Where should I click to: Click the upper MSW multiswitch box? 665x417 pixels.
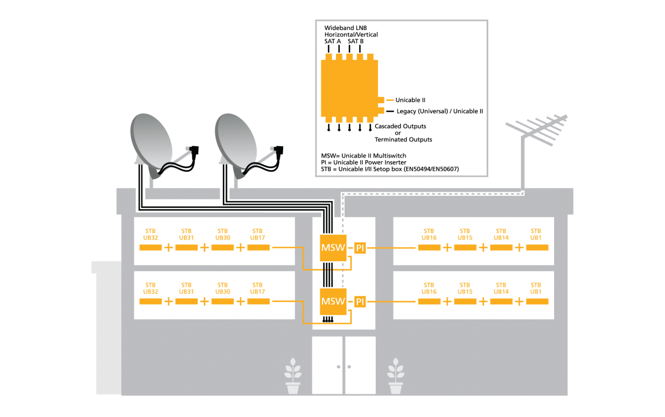[333, 248]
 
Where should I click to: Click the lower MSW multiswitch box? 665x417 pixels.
[333, 302]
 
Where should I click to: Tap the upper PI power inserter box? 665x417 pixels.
[360, 248]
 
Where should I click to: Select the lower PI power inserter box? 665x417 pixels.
[360, 302]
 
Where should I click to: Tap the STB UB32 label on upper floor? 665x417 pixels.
[151, 235]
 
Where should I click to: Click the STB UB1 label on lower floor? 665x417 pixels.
[536, 288]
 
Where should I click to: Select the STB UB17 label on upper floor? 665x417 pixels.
[257, 235]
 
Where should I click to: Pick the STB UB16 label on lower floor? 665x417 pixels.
[429, 288]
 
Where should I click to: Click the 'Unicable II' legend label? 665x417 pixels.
[410, 100]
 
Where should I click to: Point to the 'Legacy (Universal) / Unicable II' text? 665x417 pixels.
[439, 111]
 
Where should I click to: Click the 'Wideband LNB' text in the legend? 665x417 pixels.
[346, 28]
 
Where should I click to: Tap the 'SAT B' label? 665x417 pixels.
[356, 41]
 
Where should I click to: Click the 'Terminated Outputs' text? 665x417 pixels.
[403, 140]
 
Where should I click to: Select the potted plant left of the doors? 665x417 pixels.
[293, 376]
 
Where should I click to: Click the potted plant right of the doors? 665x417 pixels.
[396, 376]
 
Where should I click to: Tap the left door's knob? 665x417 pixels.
[339, 367]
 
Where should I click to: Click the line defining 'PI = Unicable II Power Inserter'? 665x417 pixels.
[364, 162]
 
